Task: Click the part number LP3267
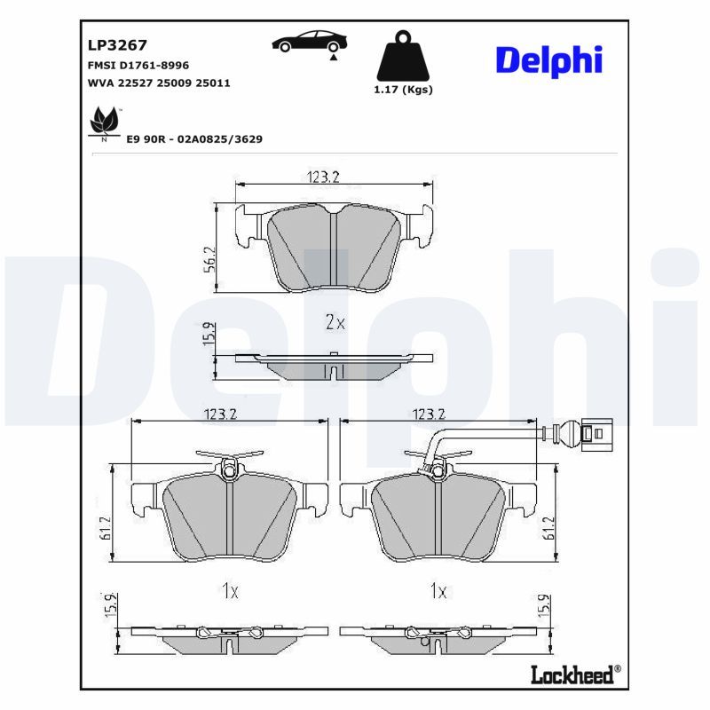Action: point(116,44)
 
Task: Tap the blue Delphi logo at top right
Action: point(548,59)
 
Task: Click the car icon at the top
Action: point(310,41)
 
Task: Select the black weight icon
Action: point(403,57)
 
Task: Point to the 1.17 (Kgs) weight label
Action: point(403,90)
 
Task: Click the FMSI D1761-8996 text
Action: point(138,66)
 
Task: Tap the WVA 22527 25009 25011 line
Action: point(158,83)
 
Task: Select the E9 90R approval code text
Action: point(194,139)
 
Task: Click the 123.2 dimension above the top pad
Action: point(324,177)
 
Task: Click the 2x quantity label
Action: point(335,322)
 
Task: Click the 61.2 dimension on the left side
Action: point(105,527)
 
